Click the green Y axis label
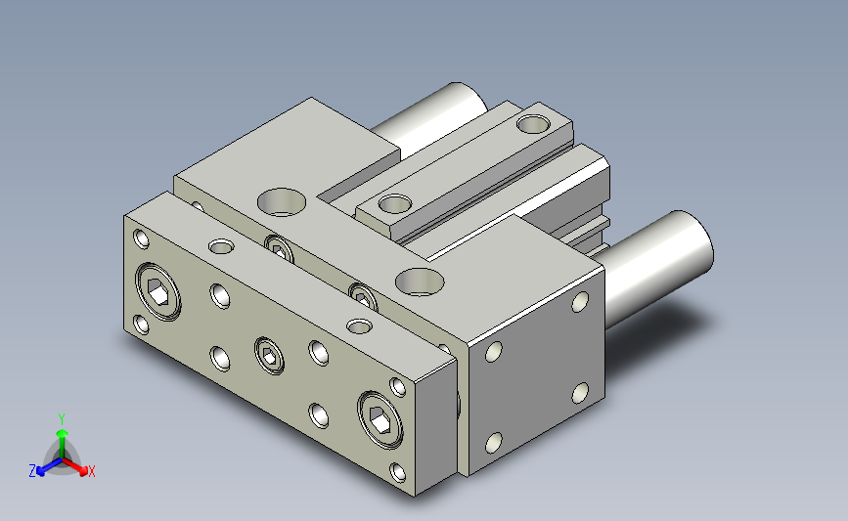pyautogui.click(x=62, y=419)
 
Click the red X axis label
pyautogui.click(x=91, y=471)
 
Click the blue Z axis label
pyautogui.click(x=32, y=471)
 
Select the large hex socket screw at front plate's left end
pyautogui.click(x=157, y=292)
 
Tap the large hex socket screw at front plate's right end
pyautogui.click(x=380, y=419)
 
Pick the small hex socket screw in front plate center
pyautogui.click(x=269, y=355)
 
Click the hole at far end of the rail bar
pyautogui.click(x=533, y=124)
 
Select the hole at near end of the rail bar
pyautogui.click(x=395, y=204)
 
